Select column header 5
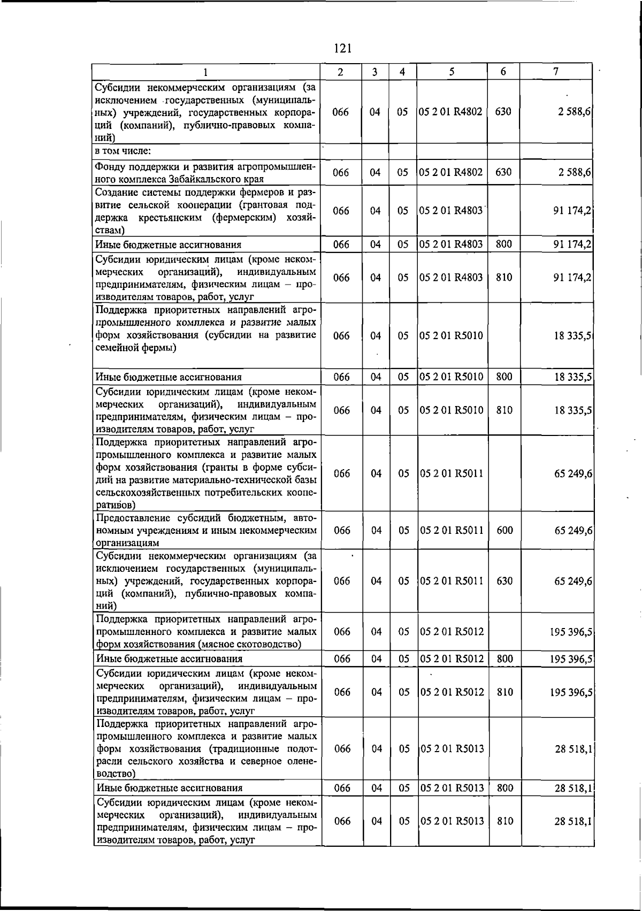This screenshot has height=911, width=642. coord(452,72)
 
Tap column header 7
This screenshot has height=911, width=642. coord(556,72)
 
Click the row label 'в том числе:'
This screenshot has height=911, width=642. coord(123,151)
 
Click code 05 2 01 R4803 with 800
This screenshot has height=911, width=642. coord(451,244)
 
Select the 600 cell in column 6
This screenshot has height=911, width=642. coord(505,530)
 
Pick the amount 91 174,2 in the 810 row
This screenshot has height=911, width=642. coord(572,278)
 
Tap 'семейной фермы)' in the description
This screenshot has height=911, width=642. coord(136,348)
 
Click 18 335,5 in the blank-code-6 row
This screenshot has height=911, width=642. coord(572,336)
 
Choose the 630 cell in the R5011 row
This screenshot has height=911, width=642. coord(505,581)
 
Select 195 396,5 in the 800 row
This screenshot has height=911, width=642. coord(570,659)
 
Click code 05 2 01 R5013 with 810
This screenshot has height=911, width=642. coord(452,821)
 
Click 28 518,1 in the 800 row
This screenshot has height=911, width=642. coord(573,788)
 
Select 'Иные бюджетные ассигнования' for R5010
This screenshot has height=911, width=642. coord(169,377)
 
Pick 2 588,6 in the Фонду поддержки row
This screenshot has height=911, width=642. coord(572,172)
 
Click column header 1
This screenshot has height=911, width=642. coord(205,72)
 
